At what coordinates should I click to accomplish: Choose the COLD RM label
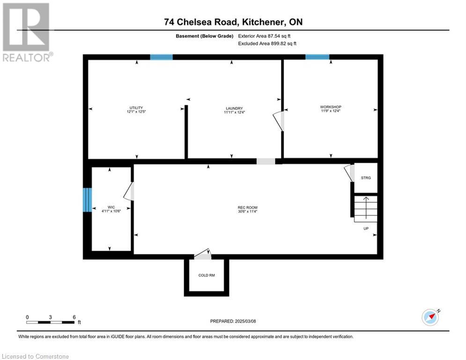tap(207, 275)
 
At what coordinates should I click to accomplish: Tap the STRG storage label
tap(366, 178)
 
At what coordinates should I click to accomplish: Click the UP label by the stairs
tap(366, 229)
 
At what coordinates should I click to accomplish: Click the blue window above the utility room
tap(161, 57)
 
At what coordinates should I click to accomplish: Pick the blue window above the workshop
tap(317, 57)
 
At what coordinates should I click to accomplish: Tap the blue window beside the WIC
tap(87, 200)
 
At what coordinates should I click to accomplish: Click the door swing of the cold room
tap(203, 255)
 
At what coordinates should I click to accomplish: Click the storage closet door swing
tap(348, 172)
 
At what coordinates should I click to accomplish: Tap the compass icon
tap(430, 317)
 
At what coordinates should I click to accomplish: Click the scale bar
tap(51, 322)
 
